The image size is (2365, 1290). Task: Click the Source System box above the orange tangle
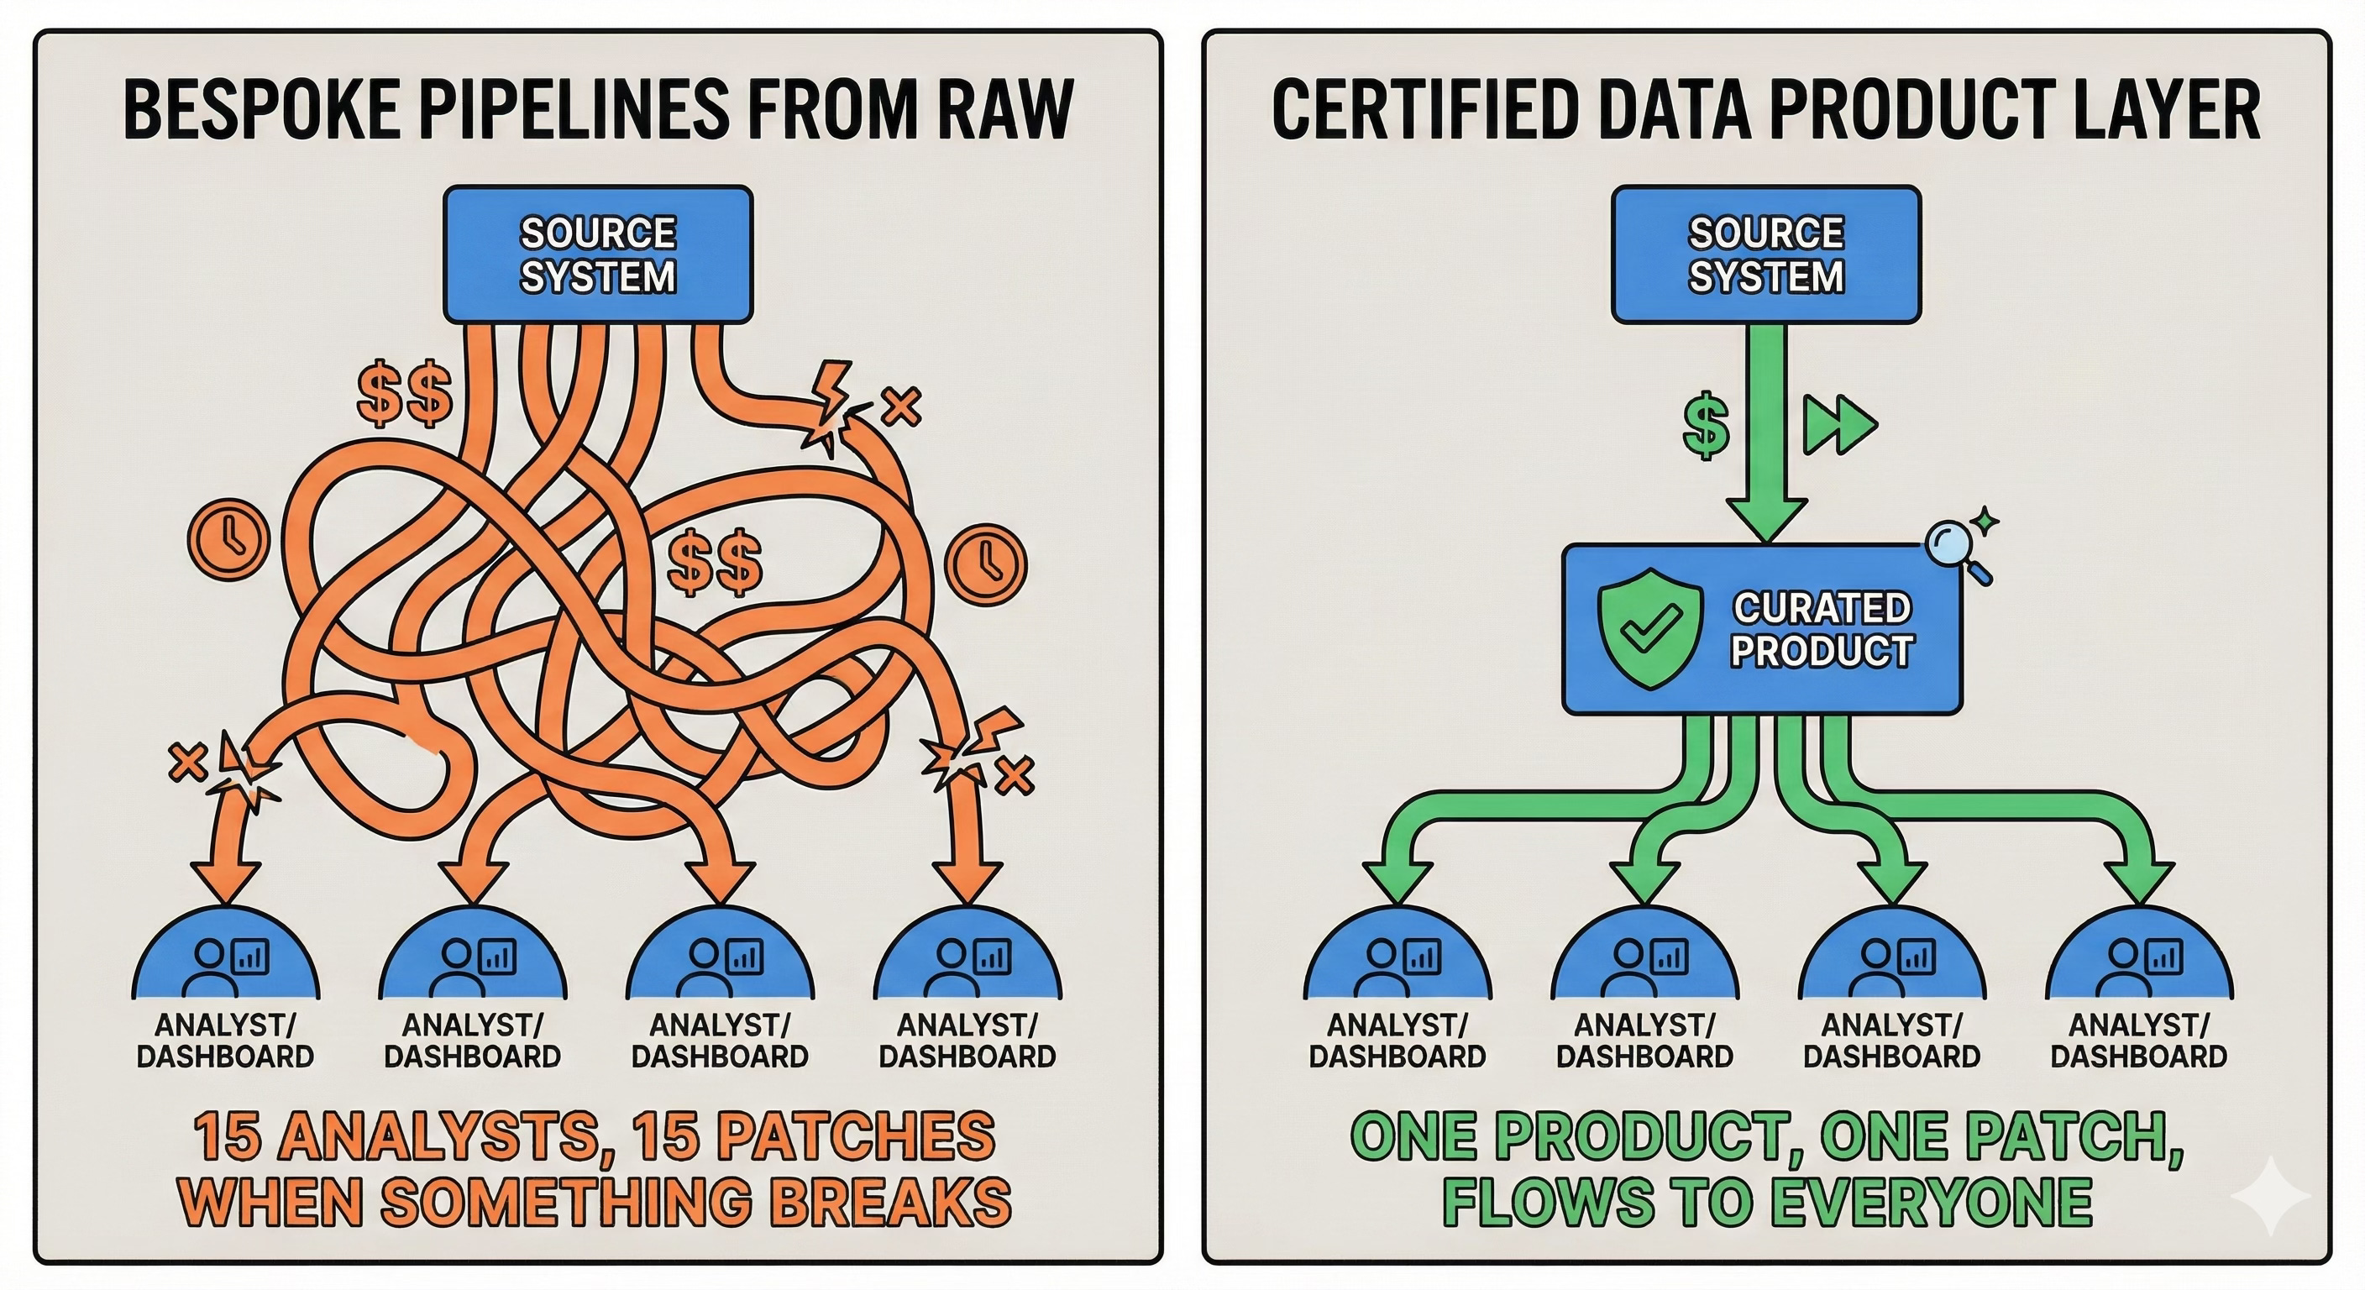click(598, 254)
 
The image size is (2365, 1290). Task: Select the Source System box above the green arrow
click(1765, 254)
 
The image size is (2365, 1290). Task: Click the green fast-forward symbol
click(1839, 425)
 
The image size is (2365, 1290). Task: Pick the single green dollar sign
click(1707, 425)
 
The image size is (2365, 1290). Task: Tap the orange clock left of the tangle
click(228, 539)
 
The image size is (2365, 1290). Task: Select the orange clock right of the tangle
click(985, 564)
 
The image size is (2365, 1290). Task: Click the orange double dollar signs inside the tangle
click(714, 562)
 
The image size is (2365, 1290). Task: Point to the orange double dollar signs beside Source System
click(405, 395)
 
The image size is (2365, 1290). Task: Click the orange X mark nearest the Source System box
click(900, 405)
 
